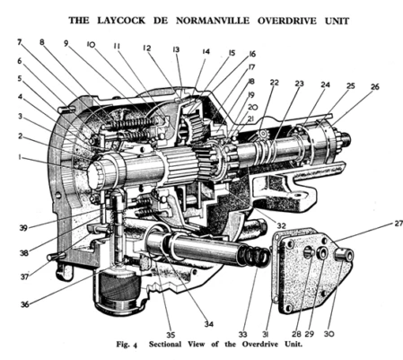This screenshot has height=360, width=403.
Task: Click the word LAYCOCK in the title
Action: tap(121, 21)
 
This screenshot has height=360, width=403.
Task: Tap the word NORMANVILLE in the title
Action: tap(213, 21)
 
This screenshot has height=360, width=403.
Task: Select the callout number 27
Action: tap(398, 224)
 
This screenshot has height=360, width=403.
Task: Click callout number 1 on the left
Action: tap(20, 156)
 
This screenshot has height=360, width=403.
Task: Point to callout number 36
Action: tap(25, 304)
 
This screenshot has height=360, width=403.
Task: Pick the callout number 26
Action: tap(375, 87)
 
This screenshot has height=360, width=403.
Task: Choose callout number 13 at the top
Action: tap(176, 49)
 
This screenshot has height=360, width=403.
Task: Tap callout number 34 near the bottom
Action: tap(209, 324)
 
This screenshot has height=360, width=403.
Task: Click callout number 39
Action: tap(23, 228)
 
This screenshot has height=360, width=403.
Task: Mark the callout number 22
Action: tap(274, 83)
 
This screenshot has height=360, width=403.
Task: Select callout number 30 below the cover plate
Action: tap(329, 333)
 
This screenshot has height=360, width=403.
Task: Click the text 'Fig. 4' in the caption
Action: tap(127, 345)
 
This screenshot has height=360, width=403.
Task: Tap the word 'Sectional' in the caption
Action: tap(165, 344)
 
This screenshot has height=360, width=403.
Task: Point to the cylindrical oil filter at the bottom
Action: tap(119, 291)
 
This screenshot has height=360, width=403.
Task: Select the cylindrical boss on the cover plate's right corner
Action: tap(344, 256)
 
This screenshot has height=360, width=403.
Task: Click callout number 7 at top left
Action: tap(20, 42)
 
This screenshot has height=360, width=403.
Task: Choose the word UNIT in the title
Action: tap(337, 21)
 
